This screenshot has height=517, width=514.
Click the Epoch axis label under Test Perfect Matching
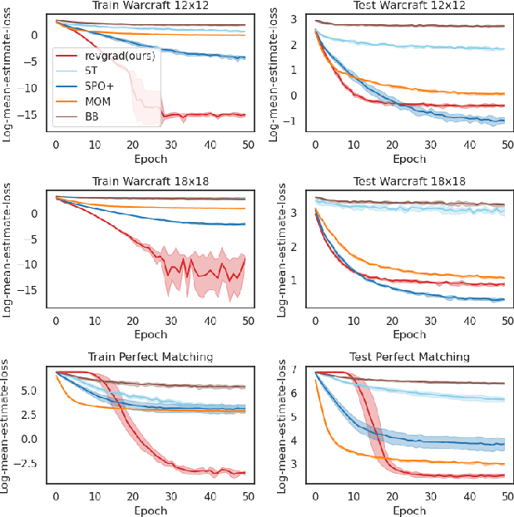point(408,509)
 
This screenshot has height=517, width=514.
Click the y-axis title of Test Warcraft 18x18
point(279,250)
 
